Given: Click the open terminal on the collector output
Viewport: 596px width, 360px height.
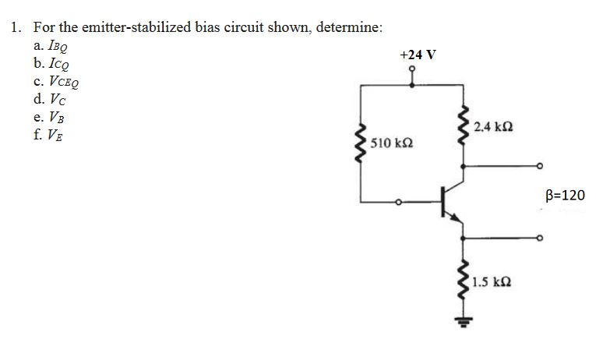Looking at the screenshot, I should pyautogui.click(x=539, y=166).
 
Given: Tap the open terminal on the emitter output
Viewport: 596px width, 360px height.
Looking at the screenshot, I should pyautogui.click(x=539, y=238).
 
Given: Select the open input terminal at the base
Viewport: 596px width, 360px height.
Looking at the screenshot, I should pyautogui.click(x=398, y=203).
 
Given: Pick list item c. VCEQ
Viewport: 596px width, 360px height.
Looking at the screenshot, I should pyautogui.click(x=51, y=81).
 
